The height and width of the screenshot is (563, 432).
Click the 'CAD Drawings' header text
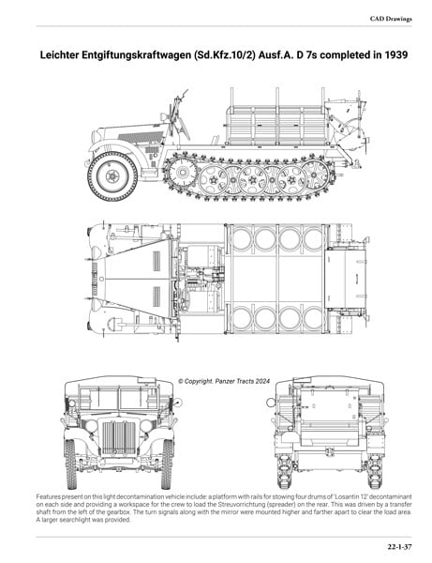391,19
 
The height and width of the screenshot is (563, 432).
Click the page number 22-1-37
399,547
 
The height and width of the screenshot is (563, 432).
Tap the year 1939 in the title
396,55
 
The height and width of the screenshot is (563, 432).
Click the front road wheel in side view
112,176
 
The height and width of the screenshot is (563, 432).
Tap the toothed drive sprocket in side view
183,173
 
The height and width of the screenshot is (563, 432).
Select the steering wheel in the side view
183,128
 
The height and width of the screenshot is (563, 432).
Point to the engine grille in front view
119,437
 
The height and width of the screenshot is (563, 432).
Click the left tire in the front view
70,464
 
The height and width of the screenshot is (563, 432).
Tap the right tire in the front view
168,464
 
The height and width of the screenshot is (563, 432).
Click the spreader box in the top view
345,279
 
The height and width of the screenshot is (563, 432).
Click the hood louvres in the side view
141,137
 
